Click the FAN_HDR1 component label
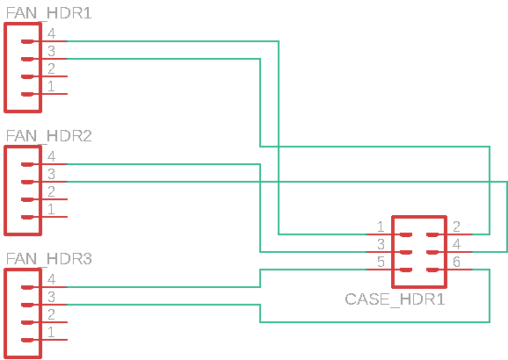point(49,13)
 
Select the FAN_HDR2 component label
point(49,136)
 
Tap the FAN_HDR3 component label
point(49,259)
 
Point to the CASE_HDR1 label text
point(395,299)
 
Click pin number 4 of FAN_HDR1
point(51,33)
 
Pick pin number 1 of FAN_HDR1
point(51,86)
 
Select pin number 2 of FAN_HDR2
point(51,191)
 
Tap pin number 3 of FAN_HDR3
point(51,297)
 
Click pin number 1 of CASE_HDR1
point(381,227)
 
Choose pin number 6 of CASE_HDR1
point(456,262)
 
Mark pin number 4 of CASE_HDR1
point(456,244)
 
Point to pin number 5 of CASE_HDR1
point(381,262)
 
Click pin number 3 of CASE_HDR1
point(381,244)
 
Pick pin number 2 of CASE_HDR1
point(456,227)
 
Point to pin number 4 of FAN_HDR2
point(51,156)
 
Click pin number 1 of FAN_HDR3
point(51,332)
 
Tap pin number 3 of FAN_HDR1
point(51,51)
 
